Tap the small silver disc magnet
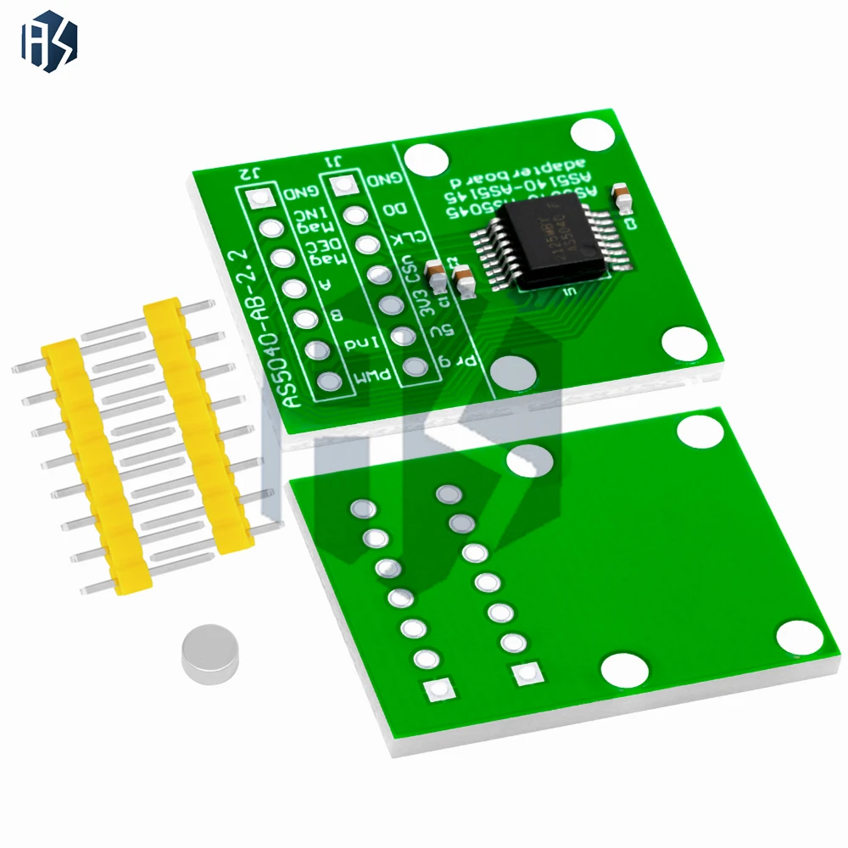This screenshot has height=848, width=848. tap(209, 655)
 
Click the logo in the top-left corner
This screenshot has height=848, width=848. tap(49, 41)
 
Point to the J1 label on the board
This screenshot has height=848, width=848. tap(338, 161)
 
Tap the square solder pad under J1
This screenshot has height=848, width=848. tap(343, 186)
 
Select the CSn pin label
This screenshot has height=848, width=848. tap(415, 274)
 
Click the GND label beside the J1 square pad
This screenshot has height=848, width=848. tap(383, 181)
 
